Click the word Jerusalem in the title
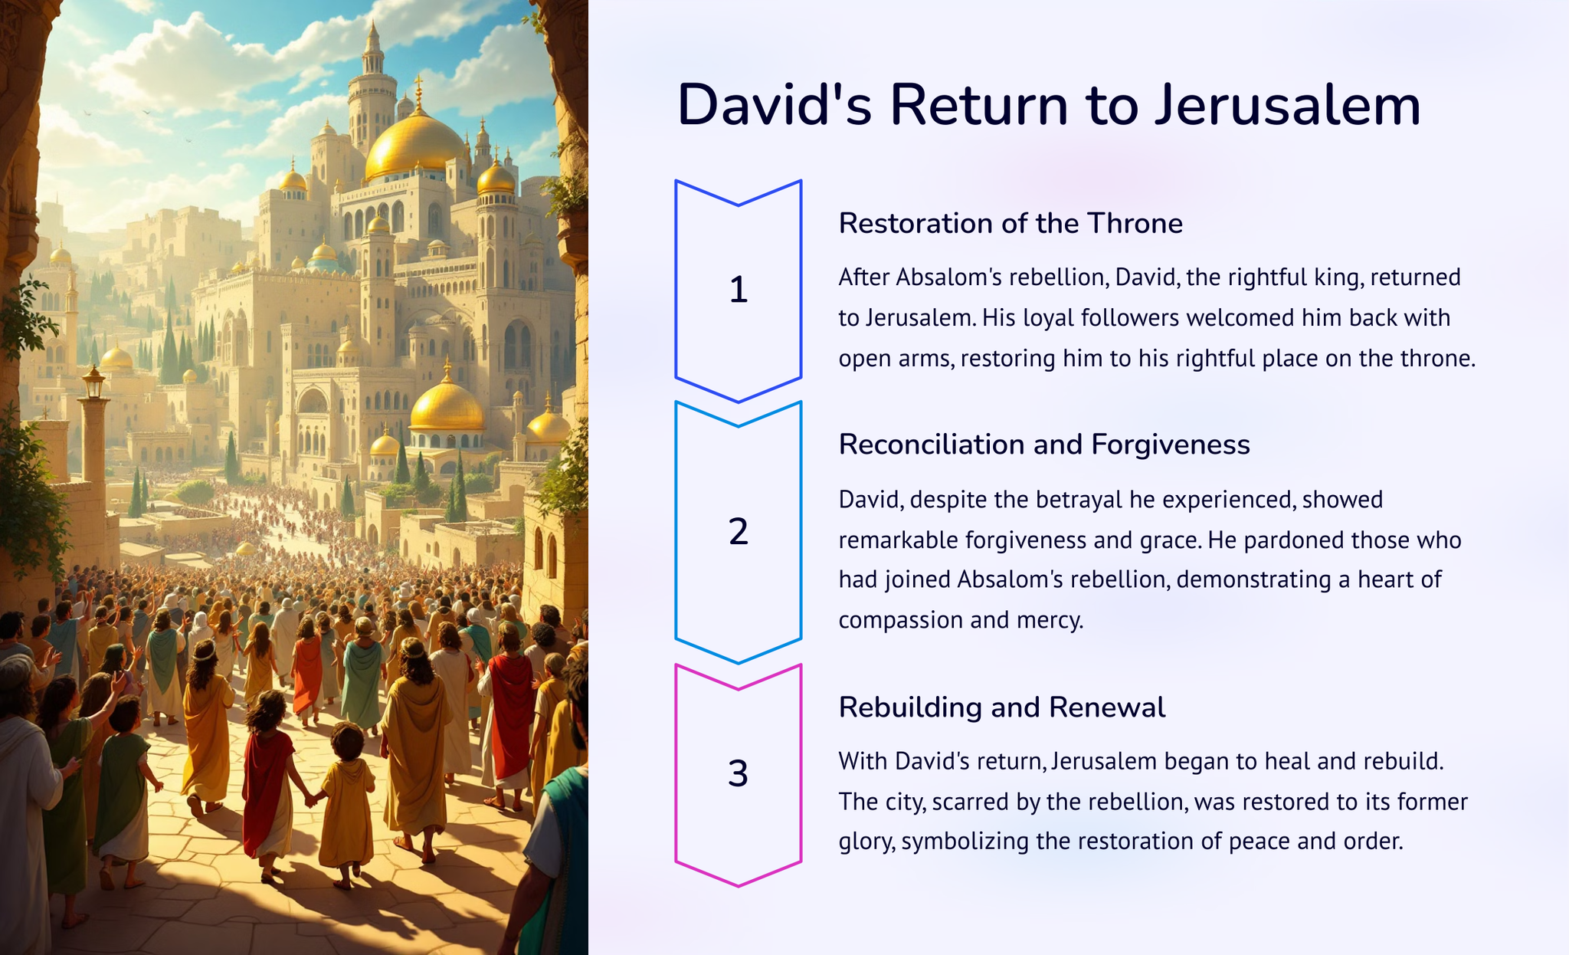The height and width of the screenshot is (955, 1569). (1288, 105)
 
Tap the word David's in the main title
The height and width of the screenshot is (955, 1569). (775, 105)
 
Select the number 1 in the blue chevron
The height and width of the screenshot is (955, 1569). (738, 290)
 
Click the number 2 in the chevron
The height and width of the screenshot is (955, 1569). (738, 531)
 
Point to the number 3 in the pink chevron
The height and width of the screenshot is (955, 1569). (738, 773)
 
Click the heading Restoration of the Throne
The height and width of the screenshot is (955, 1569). (1011, 223)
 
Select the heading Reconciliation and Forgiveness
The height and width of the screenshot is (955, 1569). (1044, 445)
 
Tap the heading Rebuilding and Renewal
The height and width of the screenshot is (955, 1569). (1002, 707)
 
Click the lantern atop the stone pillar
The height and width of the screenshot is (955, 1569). (93, 382)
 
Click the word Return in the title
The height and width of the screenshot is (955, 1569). (978, 105)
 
